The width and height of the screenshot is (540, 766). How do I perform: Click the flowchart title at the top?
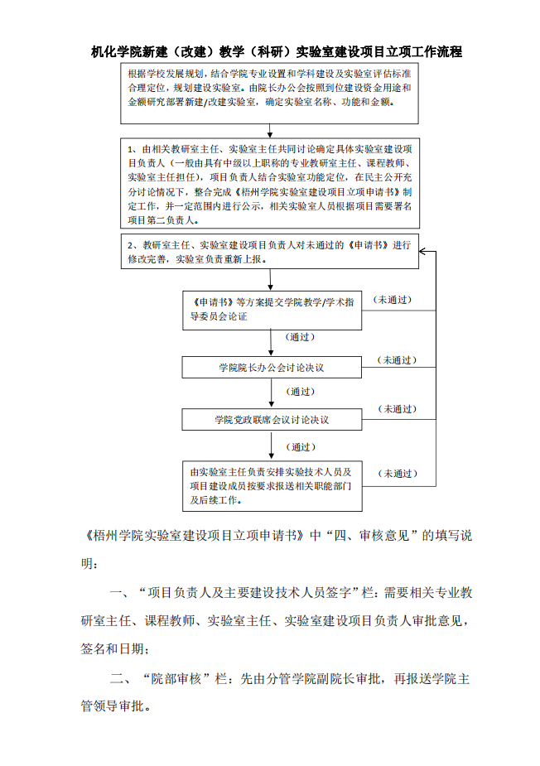click(x=276, y=52)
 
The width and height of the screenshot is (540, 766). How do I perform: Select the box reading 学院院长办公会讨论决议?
click(x=272, y=368)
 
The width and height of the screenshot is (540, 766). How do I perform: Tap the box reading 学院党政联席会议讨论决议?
click(x=272, y=420)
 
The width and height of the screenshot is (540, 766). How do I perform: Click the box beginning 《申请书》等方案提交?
click(x=272, y=311)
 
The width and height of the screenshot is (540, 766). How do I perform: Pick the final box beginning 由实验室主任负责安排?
click(x=272, y=486)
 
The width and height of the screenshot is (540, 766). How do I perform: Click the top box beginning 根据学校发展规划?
click(x=270, y=94)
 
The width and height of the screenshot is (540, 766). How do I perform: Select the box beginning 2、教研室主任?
click(x=270, y=251)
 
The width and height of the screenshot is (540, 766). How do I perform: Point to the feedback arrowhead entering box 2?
click(x=422, y=252)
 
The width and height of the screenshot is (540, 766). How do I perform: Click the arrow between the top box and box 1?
click(x=270, y=131)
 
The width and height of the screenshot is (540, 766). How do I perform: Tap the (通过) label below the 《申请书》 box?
click(x=300, y=337)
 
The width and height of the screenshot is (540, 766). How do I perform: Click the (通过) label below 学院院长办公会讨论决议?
click(x=300, y=392)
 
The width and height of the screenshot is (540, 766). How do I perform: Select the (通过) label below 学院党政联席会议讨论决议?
click(x=301, y=447)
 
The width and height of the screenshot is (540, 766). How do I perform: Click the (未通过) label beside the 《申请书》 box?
click(x=393, y=300)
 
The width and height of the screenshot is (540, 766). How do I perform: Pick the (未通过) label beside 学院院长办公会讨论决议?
click(x=397, y=360)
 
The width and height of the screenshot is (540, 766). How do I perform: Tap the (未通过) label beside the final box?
click(x=398, y=474)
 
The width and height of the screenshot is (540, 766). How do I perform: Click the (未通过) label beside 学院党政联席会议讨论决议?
click(x=398, y=409)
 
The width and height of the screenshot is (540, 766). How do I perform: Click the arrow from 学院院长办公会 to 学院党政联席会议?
click(x=272, y=393)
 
